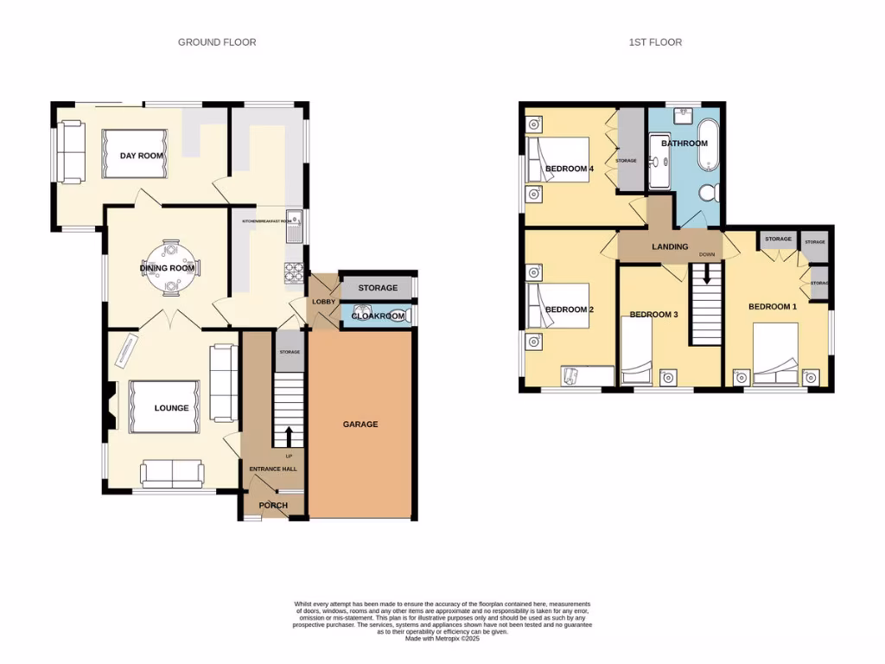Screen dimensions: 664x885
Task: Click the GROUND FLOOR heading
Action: (x=217, y=41)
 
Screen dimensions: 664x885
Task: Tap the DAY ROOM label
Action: (x=142, y=156)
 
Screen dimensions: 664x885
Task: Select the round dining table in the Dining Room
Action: (x=169, y=260)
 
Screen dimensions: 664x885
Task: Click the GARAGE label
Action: (x=360, y=425)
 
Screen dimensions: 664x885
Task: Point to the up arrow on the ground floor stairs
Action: (x=289, y=436)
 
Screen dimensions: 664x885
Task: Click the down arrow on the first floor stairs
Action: (x=707, y=275)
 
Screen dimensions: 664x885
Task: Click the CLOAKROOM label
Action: (x=378, y=316)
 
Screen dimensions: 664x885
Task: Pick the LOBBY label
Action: (x=323, y=302)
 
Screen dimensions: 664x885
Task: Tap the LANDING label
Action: (x=670, y=246)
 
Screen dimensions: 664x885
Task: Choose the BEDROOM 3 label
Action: (x=653, y=315)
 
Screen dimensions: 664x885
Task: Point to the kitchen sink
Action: (x=295, y=227)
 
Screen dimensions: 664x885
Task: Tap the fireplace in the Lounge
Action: (x=109, y=409)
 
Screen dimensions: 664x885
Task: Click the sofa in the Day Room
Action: (x=71, y=152)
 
